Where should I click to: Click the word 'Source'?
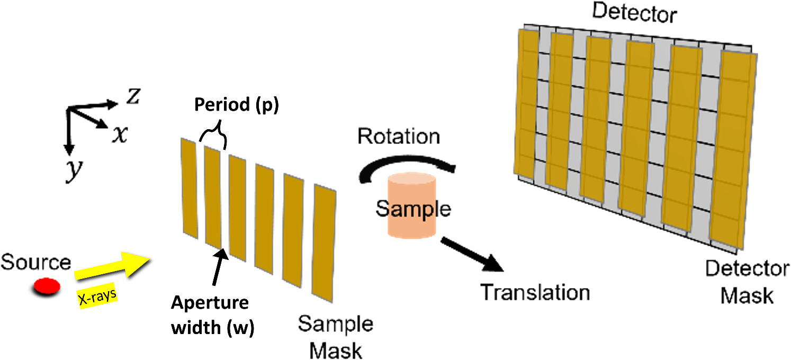(35, 262)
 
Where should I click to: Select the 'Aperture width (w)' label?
(209, 316)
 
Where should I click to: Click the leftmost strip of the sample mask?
(189, 187)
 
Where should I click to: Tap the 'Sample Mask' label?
(335, 337)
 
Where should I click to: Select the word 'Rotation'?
(398, 137)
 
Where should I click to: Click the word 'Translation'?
(534, 292)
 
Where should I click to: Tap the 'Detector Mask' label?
(747, 281)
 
